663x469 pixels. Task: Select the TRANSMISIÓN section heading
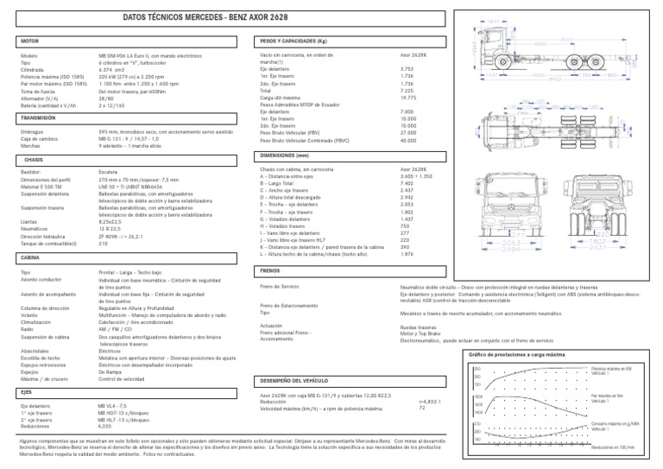[39, 117]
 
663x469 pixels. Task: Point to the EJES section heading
[26, 391]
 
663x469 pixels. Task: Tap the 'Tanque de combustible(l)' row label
[53, 244]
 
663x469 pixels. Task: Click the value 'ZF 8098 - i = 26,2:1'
[126, 237]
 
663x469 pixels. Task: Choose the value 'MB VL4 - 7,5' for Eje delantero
[113, 404]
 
